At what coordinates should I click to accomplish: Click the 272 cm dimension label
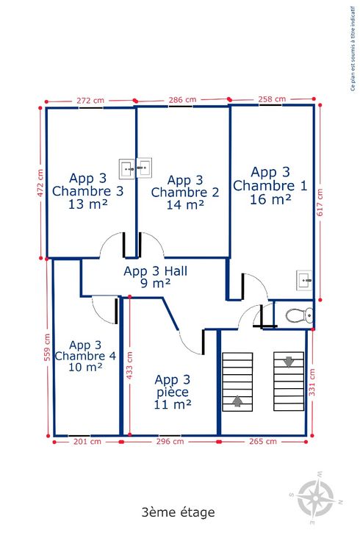click(x=90, y=101)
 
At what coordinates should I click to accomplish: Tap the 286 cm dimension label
click(x=182, y=100)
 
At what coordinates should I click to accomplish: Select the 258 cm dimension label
click(x=272, y=99)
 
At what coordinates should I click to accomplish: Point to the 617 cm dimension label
click(x=320, y=202)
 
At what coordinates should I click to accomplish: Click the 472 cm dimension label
click(x=40, y=183)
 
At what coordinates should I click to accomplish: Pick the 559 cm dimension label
click(x=47, y=347)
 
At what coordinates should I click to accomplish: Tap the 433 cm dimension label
click(x=129, y=365)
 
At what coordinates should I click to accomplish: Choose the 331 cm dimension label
click(x=312, y=382)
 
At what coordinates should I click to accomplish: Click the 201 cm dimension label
click(x=87, y=441)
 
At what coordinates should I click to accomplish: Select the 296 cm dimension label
click(x=170, y=441)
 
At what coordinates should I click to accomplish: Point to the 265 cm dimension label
click(x=263, y=441)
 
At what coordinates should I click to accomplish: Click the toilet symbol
click(x=299, y=315)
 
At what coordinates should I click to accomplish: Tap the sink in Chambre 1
click(x=304, y=280)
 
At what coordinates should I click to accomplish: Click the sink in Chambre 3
click(x=127, y=169)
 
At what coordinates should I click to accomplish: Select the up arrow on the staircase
click(x=237, y=401)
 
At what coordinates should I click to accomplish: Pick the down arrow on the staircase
click(x=289, y=362)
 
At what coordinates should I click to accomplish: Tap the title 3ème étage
click(x=179, y=512)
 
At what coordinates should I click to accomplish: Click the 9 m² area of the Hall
click(x=156, y=283)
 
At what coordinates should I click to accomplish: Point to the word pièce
click(x=173, y=393)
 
